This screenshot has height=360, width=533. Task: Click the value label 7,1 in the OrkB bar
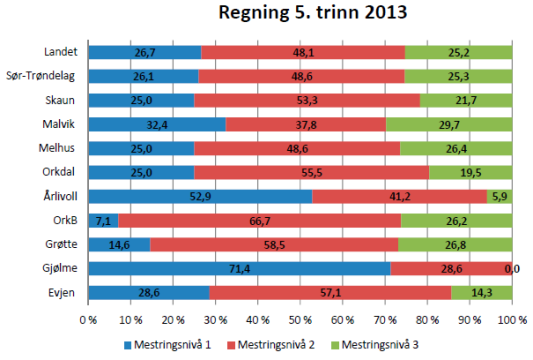[103, 220]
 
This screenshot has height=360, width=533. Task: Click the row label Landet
[63, 52]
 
